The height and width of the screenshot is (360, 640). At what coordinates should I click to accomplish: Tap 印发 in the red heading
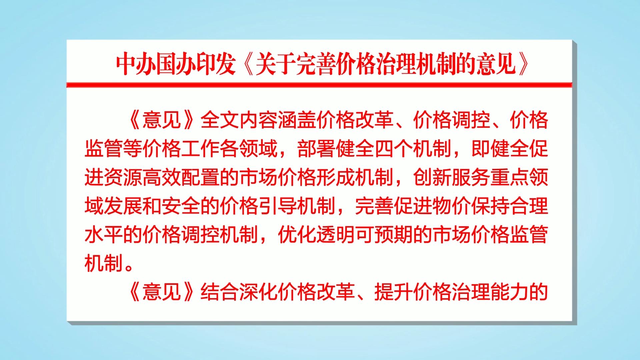click(x=213, y=64)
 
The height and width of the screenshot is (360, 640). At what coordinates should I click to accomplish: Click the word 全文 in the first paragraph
click(x=220, y=120)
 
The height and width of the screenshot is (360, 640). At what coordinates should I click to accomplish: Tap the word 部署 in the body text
click(x=316, y=149)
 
